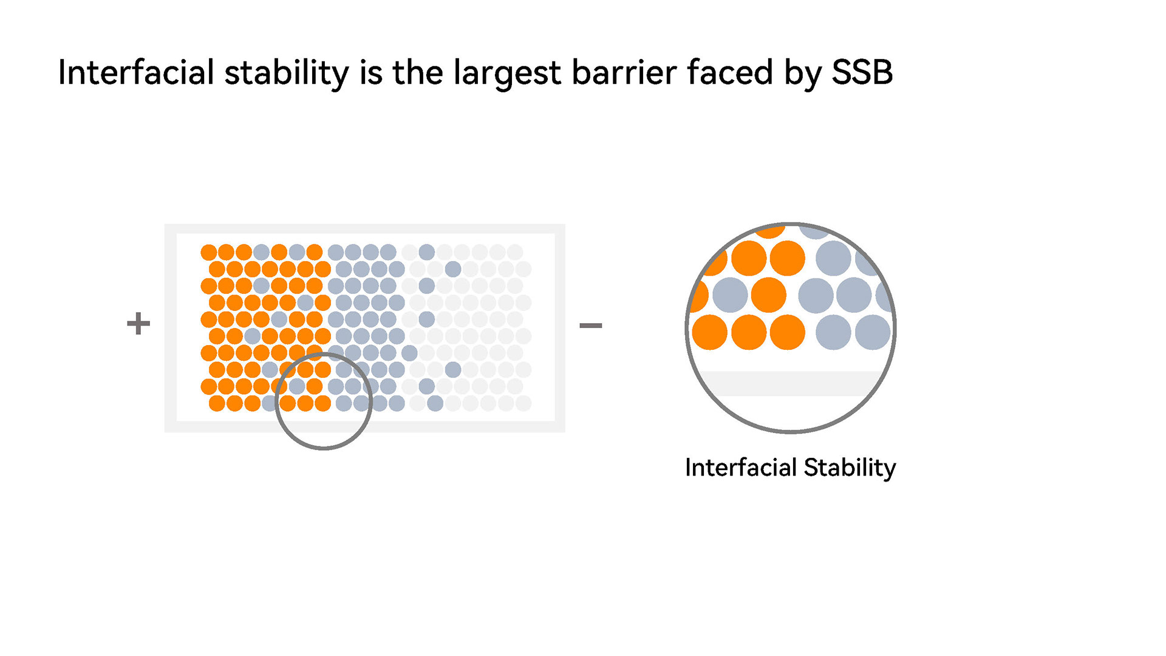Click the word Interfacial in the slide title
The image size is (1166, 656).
click(x=136, y=73)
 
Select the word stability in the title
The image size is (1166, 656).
click(x=287, y=73)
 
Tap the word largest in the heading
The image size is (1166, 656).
click(x=507, y=73)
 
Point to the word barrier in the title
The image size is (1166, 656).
click(x=624, y=73)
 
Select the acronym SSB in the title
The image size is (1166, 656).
click(x=862, y=73)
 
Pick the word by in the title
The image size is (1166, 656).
click(x=802, y=73)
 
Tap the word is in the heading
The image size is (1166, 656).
click(x=371, y=73)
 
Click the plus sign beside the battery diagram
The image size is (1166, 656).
click(x=138, y=323)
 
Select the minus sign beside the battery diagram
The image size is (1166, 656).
click(x=590, y=326)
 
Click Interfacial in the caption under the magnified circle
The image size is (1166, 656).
click(x=740, y=468)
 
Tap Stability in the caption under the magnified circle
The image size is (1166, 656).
click(x=850, y=468)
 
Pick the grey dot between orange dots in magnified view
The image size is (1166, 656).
click(x=730, y=295)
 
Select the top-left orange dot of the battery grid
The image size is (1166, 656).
click(x=209, y=252)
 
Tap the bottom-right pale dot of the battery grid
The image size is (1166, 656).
click(x=523, y=403)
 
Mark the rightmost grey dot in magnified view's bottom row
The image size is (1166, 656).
click(x=872, y=332)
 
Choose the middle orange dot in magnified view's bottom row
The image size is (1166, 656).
click(x=749, y=332)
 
